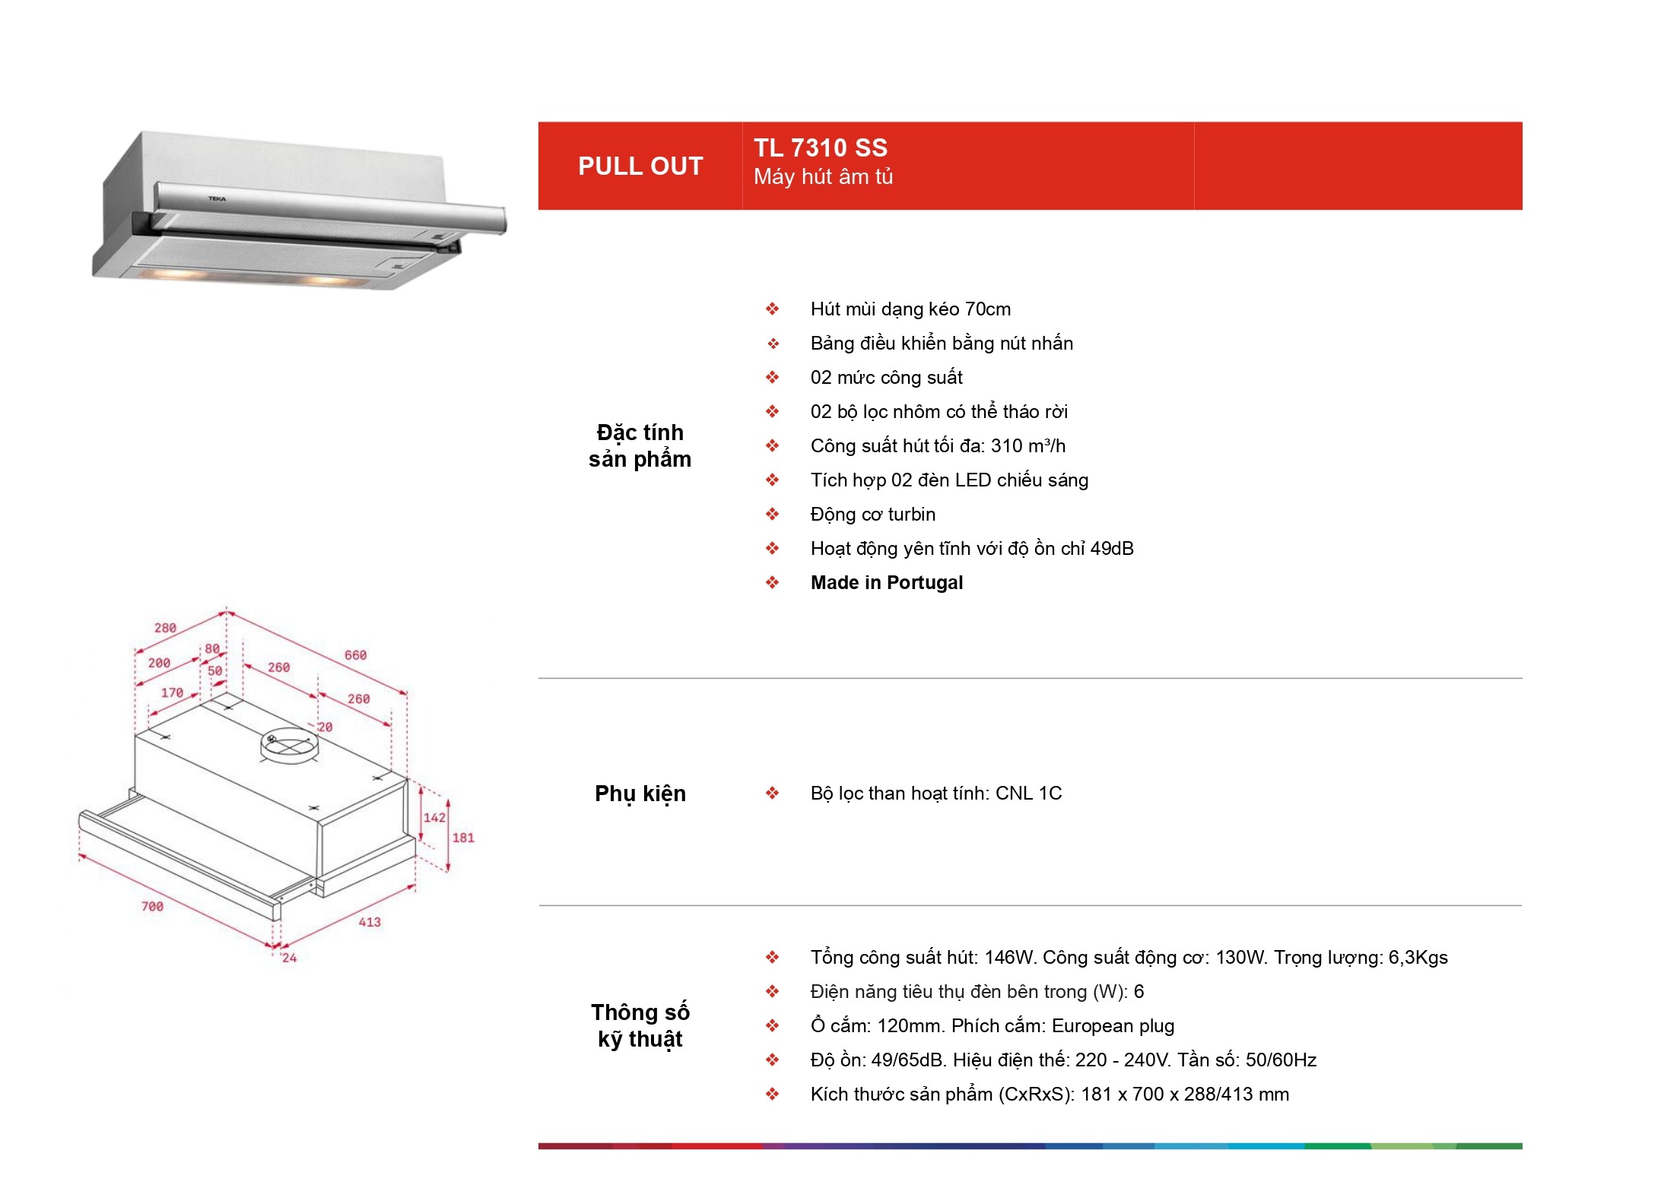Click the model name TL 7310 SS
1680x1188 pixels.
(820, 147)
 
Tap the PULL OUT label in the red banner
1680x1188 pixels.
(640, 166)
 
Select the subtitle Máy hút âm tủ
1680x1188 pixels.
(823, 177)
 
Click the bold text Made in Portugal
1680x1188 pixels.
(887, 583)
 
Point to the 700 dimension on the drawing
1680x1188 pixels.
(152, 906)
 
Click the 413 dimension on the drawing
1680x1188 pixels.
(370, 922)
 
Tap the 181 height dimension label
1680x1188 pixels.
(463, 838)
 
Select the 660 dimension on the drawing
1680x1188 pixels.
(355, 655)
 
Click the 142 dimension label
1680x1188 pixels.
(434, 818)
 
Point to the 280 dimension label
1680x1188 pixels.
(165, 628)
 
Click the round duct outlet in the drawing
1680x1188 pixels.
(289, 745)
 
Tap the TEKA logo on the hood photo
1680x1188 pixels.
(218, 199)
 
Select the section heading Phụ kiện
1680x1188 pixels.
(640, 794)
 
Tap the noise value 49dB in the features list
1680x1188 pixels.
(1112, 549)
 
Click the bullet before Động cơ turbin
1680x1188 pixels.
(773, 515)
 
